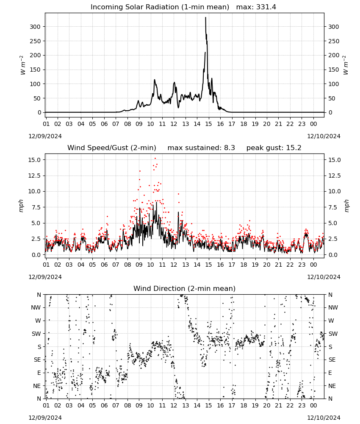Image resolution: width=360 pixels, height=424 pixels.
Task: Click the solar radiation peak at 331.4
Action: pyautogui.click(x=205, y=17)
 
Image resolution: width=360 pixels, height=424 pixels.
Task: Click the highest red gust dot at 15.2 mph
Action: pyautogui.click(x=155, y=159)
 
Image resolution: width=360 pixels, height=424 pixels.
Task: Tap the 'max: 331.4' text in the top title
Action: pyautogui.click(x=256, y=7)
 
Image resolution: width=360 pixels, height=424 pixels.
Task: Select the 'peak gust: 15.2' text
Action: pyautogui.click(x=274, y=148)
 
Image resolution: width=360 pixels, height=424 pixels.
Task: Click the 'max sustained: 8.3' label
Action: pyautogui.click(x=201, y=148)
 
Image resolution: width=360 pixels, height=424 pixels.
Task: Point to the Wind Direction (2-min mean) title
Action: pyautogui.click(x=185, y=288)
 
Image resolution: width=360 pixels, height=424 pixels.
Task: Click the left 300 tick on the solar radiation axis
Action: pyautogui.click(x=35, y=27)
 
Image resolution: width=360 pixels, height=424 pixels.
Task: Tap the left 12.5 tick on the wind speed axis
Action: pyautogui.click(x=34, y=176)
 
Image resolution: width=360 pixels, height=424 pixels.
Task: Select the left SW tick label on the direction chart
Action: pyautogui.click(x=36, y=334)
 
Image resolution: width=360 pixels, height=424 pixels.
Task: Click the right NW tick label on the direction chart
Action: pyautogui.click(x=333, y=307)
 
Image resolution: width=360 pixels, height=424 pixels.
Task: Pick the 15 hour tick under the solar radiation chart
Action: pyautogui.click(x=208, y=124)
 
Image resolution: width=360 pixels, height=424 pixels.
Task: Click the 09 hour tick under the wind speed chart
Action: pyautogui.click(x=139, y=265)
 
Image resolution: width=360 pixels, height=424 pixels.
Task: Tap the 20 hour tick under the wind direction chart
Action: pyautogui.click(x=266, y=405)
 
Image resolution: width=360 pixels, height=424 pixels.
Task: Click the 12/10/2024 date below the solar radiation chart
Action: pyautogui.click(x=324, y=136)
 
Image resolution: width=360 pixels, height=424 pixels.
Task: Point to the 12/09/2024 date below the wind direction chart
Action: pyautogui.click(x=45, y=418)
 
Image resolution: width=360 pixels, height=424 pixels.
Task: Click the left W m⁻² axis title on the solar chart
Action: pyautogui.click(x=23, y=65)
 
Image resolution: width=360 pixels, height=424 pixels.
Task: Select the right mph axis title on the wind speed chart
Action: pyautogui.click(x=346, y=206)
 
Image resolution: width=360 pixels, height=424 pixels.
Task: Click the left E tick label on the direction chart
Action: pyautogui.click(x=39, y=373)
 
